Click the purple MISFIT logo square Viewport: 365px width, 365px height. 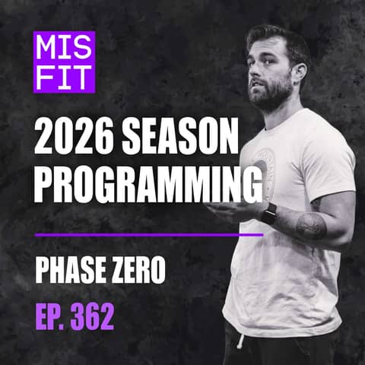[64, 62]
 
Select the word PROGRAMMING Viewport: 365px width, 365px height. [143, 186]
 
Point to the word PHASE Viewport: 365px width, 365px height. [75, 271]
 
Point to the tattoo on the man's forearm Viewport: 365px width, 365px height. [312, 226]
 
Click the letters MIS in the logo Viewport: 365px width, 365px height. [64, 48]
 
